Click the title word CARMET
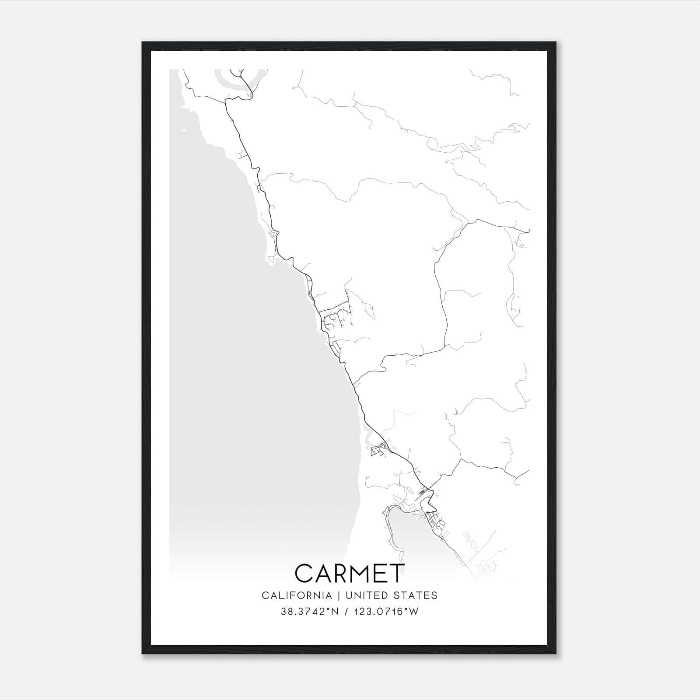pos(350,573)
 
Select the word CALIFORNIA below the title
pos(297,595)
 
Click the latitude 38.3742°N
pos(310,612)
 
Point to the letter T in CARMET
pos(396,573)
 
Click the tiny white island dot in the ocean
pos(184,130)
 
